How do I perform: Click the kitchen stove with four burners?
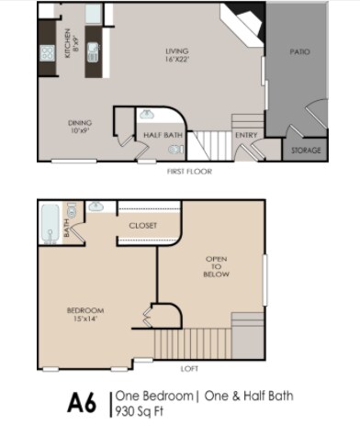click(48, 53)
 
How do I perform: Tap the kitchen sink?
click(93, 52)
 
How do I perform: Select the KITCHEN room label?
click(68, 43)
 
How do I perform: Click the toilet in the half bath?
click(176, 150)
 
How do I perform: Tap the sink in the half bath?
click(147, 115)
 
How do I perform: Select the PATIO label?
click(299, 51)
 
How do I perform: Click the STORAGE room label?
click(306, 151)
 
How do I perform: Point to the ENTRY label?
click(246, 135)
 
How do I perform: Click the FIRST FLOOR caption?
click(189, 172)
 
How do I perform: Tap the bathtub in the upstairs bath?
click(51, 224)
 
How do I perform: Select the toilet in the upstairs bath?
click(72, 210)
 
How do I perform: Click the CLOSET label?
click(143, 226)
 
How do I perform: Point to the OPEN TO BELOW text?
click(216, 266)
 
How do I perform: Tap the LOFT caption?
click(189, 369)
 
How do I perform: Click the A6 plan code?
click(82, 403)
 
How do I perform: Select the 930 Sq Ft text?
click(140, 411)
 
